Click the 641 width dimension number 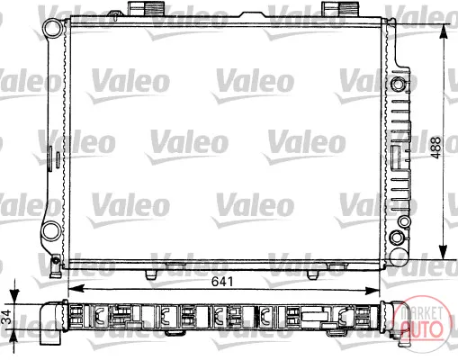click(222, 282)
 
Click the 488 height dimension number click(436, 148)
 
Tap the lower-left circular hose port click(51, 232)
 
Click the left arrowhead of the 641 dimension click(76, 289)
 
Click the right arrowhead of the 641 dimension click(373, 290)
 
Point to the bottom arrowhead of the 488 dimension click(443, 252)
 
